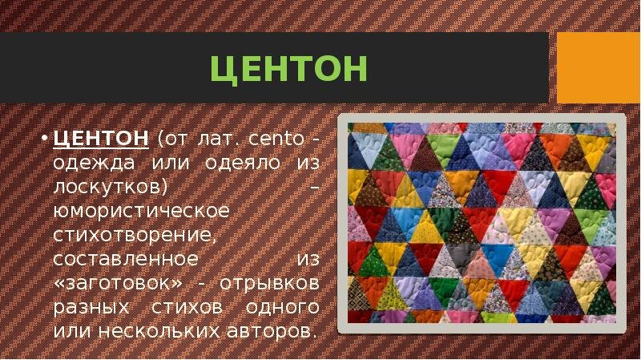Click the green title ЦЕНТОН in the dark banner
coord(288,70)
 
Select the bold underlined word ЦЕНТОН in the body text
coord(100,140)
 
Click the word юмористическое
coord(141,212)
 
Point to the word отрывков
coord(272,285)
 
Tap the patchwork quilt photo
coord(482,222)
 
